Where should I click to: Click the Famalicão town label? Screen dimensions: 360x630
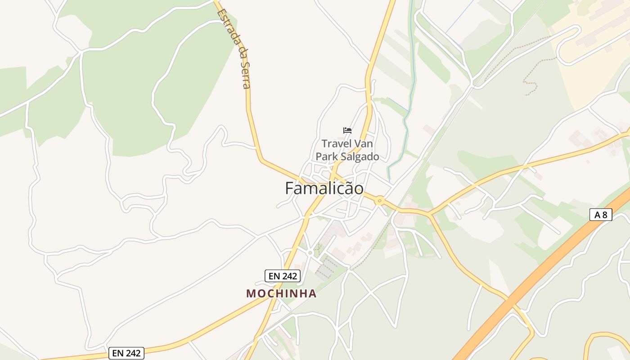point(324,188)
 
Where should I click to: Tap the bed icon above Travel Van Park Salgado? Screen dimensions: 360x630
point(347,130)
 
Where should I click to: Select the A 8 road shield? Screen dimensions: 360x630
point(601,215)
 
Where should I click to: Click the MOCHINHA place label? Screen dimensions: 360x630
point(281,294)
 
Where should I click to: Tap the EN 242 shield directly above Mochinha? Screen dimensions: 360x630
point(282,276)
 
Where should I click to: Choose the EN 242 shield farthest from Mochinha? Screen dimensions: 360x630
point(126,353)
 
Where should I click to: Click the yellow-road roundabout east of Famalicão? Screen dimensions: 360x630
point(380,201)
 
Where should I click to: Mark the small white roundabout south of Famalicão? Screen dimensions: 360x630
point(310,253)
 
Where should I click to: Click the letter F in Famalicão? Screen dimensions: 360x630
point(290,188)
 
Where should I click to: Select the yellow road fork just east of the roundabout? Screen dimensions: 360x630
point(430,213)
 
